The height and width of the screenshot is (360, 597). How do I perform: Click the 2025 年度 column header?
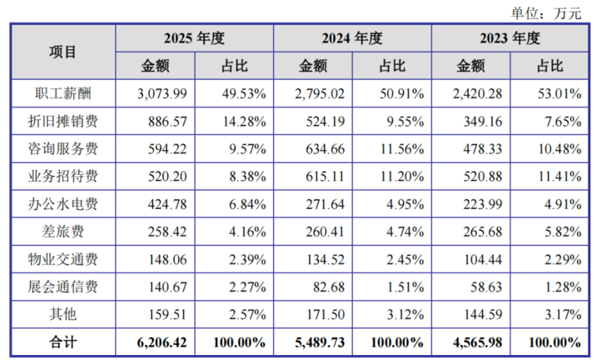coord(194,39)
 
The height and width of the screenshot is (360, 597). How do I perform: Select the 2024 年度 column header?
coord(352,39)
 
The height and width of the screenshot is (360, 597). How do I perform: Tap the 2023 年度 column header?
coord(510,39)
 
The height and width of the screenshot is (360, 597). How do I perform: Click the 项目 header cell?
coord(63,52)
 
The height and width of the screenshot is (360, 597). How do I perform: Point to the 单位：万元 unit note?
coord(546,13)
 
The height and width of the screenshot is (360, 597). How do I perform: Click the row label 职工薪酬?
coord(63,94)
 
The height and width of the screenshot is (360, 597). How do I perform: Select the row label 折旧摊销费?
coord(63,121)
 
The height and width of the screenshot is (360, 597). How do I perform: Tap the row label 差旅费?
coord(63,231)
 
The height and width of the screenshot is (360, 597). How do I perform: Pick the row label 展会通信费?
coord(63,287)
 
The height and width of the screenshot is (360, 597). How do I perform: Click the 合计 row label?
coord(63,342)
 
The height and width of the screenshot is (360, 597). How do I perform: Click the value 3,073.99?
coord(162,94)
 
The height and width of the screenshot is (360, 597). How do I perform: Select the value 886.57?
coord(167,122)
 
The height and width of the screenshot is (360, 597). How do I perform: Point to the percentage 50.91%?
coord(402,94)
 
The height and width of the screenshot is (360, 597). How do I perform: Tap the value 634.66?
coord(325,149)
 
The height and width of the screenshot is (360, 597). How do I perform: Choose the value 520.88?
coord(483,177)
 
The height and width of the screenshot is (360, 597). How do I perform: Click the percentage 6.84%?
coord(248,205)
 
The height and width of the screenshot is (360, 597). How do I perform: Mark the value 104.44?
coord(483,259)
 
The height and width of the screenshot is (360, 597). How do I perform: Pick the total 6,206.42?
coord(162,343)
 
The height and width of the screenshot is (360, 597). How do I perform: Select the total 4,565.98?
coord(478,343)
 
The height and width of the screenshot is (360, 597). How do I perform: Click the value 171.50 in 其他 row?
coord(325,315)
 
